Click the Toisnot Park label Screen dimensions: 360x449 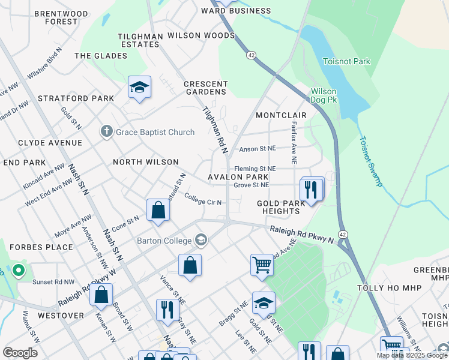click(x=346, y=61)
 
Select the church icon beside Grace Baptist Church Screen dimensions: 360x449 click(x=106, y=131)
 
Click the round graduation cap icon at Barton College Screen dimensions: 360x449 click(x=200, y=241)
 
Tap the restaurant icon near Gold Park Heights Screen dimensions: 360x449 click(x=310, y=190)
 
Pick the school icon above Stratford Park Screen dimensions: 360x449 click(x=139, y=88)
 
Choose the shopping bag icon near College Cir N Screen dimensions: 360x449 click(x=158, y=211)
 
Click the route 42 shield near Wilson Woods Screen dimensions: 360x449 click(x=250, y=55)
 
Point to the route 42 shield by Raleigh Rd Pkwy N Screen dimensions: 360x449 click(x=343, y=234)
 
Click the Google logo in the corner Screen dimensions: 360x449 click(x=20, y=352)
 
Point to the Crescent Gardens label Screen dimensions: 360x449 click(x=206, y=88)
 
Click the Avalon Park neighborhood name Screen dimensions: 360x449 click(x=238, y=177)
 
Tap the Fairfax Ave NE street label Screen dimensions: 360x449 click(x=293, y=143)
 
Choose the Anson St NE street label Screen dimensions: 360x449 click(x=257, y=149)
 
